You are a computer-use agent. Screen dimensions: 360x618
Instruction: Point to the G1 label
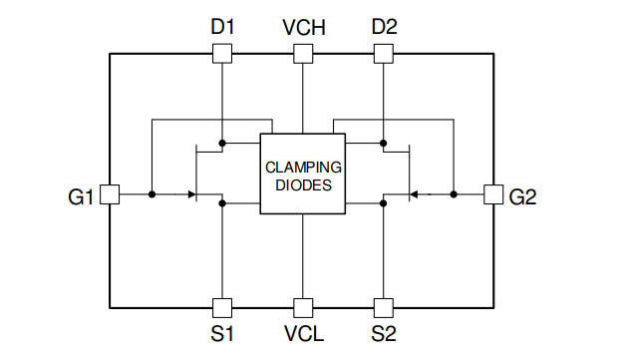point(81,196)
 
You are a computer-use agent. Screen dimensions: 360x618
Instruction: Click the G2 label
point(522,196)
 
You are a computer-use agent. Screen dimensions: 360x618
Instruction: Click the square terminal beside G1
point(111,194)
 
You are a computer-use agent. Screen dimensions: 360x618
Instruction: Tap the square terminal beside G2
point(493,194)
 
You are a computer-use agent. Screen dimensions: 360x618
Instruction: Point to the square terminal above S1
point(222,307)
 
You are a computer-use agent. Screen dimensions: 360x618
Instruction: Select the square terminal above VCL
point(302,307)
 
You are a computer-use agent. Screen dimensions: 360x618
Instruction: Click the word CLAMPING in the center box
point(303,167)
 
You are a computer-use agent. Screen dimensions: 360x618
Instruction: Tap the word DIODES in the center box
point(303,184)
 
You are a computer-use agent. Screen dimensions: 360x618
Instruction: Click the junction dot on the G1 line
point(152,194)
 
